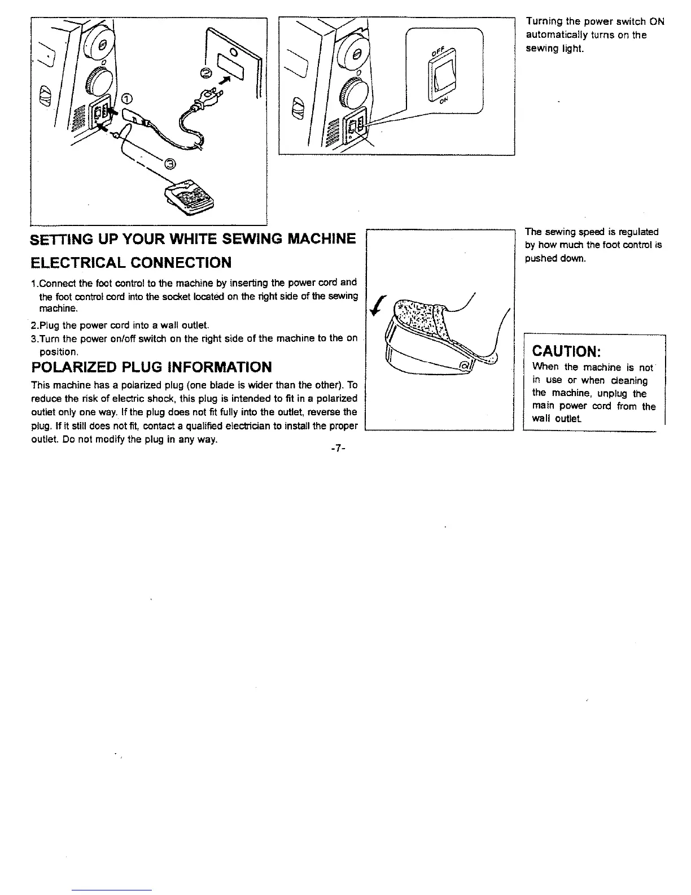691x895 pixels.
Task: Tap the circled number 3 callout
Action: (x=170, y=164)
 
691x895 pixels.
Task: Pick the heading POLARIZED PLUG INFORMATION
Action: (x=151, y=367)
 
